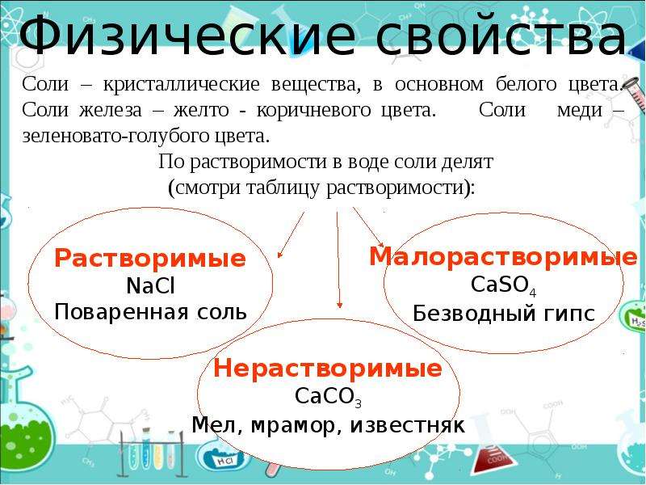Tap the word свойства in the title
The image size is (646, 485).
point(501,36)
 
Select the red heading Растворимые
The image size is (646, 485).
point(150,259)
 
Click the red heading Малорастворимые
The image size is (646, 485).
point(503,256)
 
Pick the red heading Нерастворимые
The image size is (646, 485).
point(328,369)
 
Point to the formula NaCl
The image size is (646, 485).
point(151,285)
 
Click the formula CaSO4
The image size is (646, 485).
point(503,285)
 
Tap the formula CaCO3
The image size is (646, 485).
point(328,397)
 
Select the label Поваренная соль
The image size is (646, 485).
point(150,312)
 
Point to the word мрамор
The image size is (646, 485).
point(293,425)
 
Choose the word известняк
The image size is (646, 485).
point(408,425)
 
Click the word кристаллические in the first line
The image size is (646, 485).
point(181,84)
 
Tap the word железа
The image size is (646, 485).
point(111,110)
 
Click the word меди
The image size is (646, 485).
point(580,110)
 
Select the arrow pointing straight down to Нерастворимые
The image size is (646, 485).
point(338,259)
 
